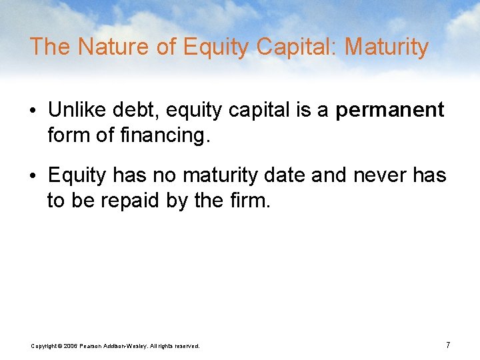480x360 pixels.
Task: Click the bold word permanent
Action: coord(389,110)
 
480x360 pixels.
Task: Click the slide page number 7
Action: coord(448,345)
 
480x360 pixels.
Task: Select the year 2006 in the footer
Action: coord(71,345)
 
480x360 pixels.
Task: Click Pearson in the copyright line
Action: coord(94,345)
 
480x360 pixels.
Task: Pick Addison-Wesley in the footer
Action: coord(129,345)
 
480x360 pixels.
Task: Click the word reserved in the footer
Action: coord(185,345)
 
